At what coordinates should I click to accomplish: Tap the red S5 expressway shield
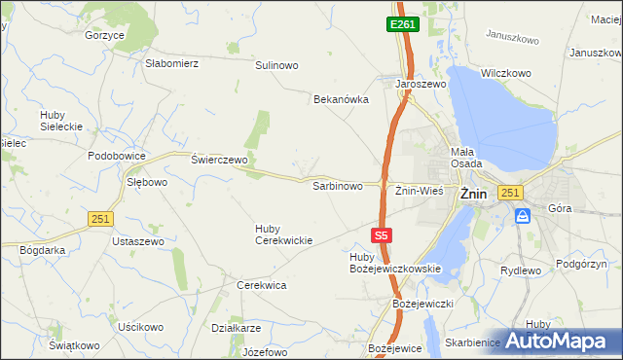(383, 235)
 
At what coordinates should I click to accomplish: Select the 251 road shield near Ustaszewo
(99, 219)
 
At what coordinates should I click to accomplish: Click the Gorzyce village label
(105, 35)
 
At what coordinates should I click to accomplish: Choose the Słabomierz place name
(171, 63)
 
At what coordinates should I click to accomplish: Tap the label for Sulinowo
(276, 65)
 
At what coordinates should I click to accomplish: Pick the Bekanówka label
(341, 99)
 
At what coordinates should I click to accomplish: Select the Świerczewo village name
(220, 159)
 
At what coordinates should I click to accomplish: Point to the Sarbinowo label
(337, 185)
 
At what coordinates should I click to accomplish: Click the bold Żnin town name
(472, 193)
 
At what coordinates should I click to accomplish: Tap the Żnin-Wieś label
(419, 191)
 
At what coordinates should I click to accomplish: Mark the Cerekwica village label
(261, 285)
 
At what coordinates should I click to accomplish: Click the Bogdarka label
(42, 249)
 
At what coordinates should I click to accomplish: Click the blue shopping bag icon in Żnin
(524, 215)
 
